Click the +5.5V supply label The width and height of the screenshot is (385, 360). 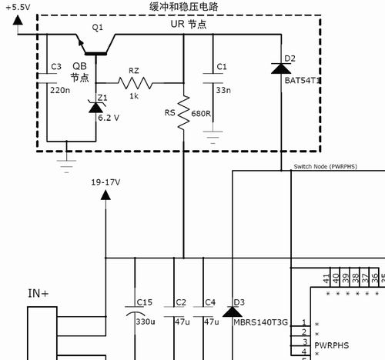pos(18,7)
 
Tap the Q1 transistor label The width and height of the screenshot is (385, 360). pos(97,27)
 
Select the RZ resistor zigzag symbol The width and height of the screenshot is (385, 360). pos(135,83)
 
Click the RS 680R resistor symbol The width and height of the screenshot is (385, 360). pos(184,112)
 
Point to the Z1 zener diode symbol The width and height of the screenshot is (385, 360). pos(95,107)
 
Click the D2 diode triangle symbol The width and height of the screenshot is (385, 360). pos(281,68)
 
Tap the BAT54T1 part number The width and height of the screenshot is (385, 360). pos(303,81)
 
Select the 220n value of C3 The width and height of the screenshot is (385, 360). pos(60,90)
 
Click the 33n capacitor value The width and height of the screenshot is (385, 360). pos(223,90)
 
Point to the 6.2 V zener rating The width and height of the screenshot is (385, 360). pos(109,118)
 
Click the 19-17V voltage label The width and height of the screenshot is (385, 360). pos(105,182)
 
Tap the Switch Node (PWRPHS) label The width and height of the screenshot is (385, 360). pos(326,167)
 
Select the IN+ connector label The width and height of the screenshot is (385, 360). pos(38,294)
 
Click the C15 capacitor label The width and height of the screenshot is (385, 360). pos(145,302)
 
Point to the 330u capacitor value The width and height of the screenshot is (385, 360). pos(146,322)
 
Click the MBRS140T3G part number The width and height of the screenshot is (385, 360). pos(260,322)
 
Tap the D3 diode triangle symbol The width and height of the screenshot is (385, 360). pos(233,312)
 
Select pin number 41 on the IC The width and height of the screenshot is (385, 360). pos(326,278)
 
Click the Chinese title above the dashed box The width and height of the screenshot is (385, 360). pos(184,7)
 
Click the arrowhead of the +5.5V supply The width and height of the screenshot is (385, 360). pos(18,20)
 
